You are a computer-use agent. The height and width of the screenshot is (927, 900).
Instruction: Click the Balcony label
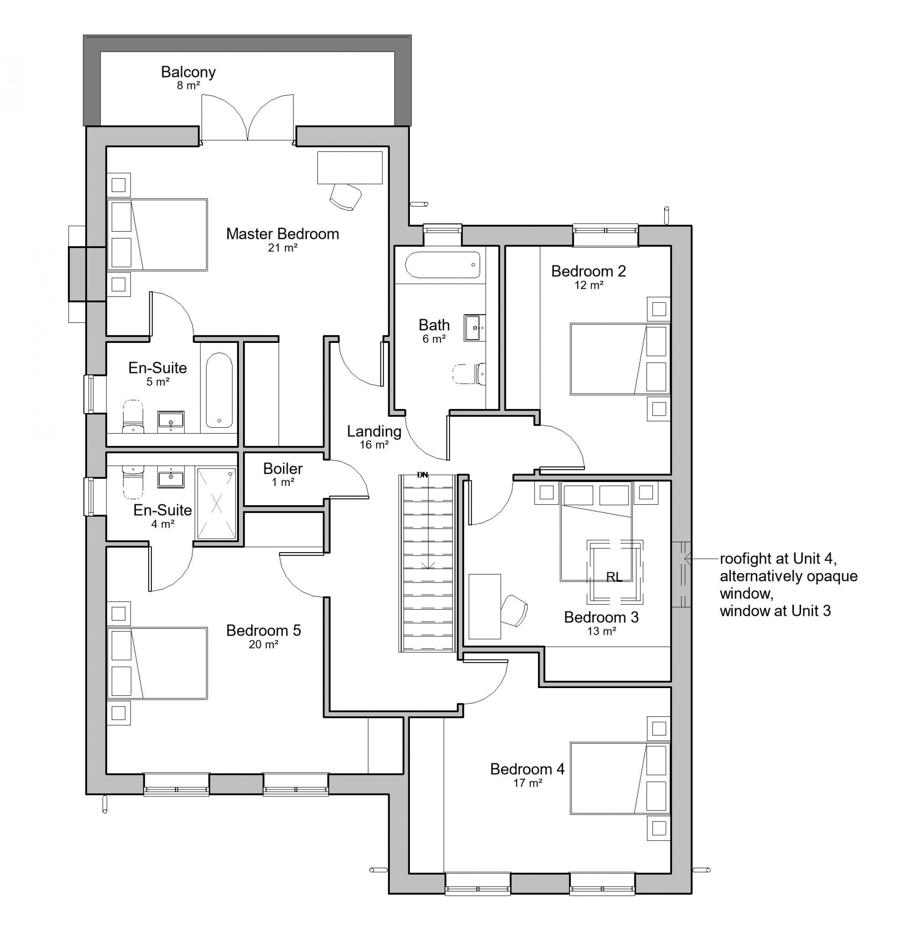click(188, 72)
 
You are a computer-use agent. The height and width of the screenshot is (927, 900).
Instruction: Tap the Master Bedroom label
click(282, 234)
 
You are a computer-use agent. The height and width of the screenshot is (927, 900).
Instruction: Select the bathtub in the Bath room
click(443, 265)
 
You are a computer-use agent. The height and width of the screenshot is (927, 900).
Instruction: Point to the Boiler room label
click(283, 468)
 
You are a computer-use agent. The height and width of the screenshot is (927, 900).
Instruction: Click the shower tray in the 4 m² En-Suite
click(216, 503)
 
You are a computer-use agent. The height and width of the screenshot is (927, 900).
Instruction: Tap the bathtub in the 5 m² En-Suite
click(219, 390)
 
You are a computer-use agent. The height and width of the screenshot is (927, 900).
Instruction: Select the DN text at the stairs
click(422, 475)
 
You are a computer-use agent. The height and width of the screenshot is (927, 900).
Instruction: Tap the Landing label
click(374, 431)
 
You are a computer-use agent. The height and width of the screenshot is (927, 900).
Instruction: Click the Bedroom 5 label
click(263, 630)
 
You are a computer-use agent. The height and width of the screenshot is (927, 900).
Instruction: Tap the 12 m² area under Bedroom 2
click(589, 285)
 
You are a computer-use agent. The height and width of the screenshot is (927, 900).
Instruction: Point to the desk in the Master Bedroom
click(349, 167)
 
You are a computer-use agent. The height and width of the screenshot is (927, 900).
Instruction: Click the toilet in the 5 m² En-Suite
click(133, 417)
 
